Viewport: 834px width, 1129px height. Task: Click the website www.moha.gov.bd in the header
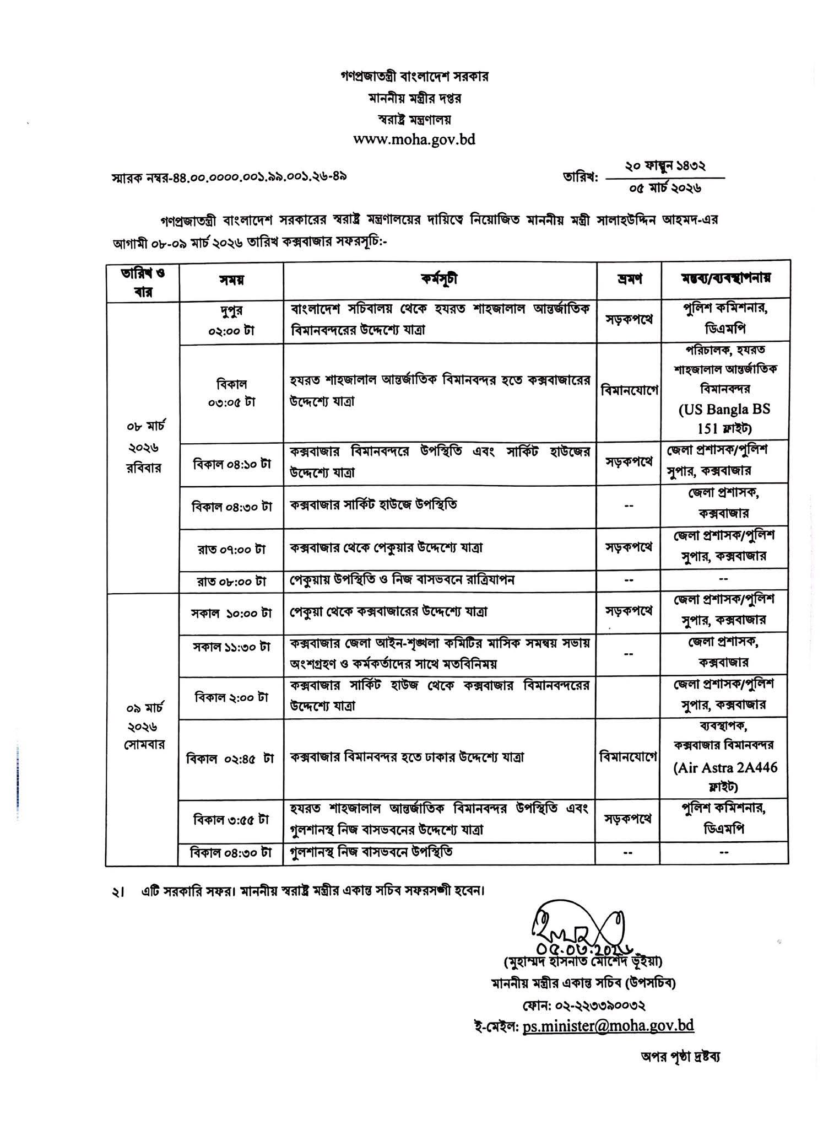point(414,139)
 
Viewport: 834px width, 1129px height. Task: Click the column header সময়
point(231,280)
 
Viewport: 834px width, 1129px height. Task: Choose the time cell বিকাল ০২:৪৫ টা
point(231,759)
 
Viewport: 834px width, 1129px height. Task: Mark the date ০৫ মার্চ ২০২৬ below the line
point(665,188)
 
